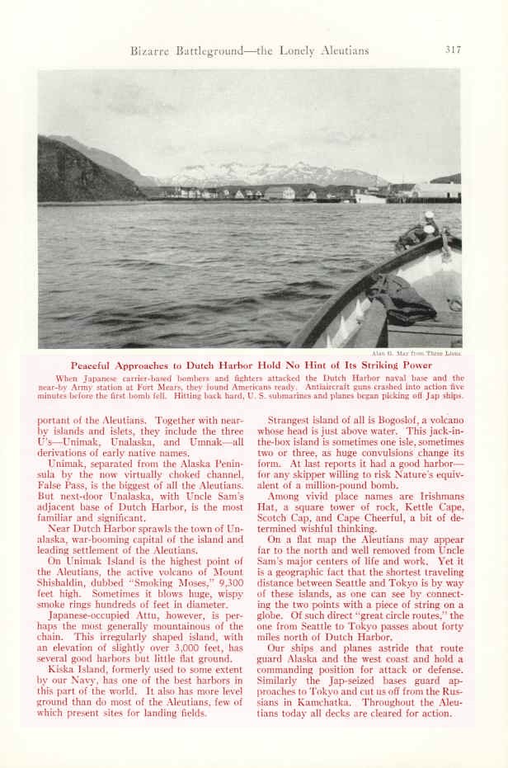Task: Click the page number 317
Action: (453, 49)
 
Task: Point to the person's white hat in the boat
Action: (429, 215)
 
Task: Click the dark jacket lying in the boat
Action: (402, 298)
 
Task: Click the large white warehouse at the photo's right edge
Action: (435, 190)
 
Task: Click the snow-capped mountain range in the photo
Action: (264, 172)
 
